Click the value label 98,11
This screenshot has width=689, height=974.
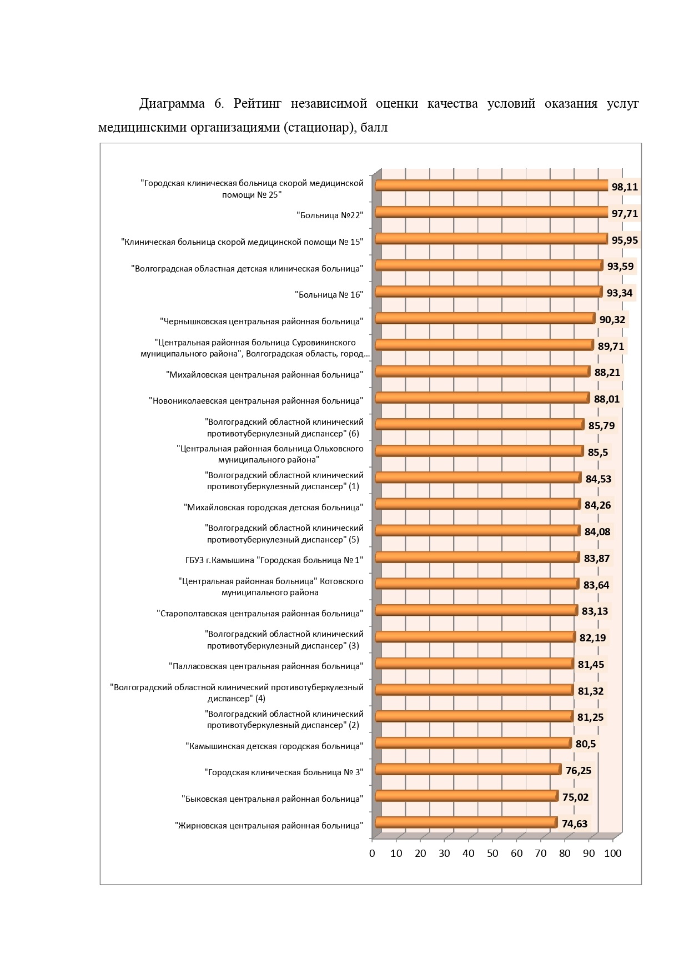625,187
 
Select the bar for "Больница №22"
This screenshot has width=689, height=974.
492,212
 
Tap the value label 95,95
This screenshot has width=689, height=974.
625,240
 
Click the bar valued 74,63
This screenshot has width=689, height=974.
466,822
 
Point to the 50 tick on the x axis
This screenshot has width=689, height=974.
492,853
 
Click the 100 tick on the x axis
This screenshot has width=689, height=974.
613,853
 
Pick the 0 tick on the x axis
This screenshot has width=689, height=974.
372,853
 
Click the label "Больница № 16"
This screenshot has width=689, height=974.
329,294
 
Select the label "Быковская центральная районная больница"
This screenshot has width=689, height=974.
272,799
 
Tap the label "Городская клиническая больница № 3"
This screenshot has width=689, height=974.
284,772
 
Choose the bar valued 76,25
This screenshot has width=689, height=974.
469,769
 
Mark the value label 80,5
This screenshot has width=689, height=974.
586,744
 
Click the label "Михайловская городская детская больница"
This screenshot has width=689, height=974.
274,508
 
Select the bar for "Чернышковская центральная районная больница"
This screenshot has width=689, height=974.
486,318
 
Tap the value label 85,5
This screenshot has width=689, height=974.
598,453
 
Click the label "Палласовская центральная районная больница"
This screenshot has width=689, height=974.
266,666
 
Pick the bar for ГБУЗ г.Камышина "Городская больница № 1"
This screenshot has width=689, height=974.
478,557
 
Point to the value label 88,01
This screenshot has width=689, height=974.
607,399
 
